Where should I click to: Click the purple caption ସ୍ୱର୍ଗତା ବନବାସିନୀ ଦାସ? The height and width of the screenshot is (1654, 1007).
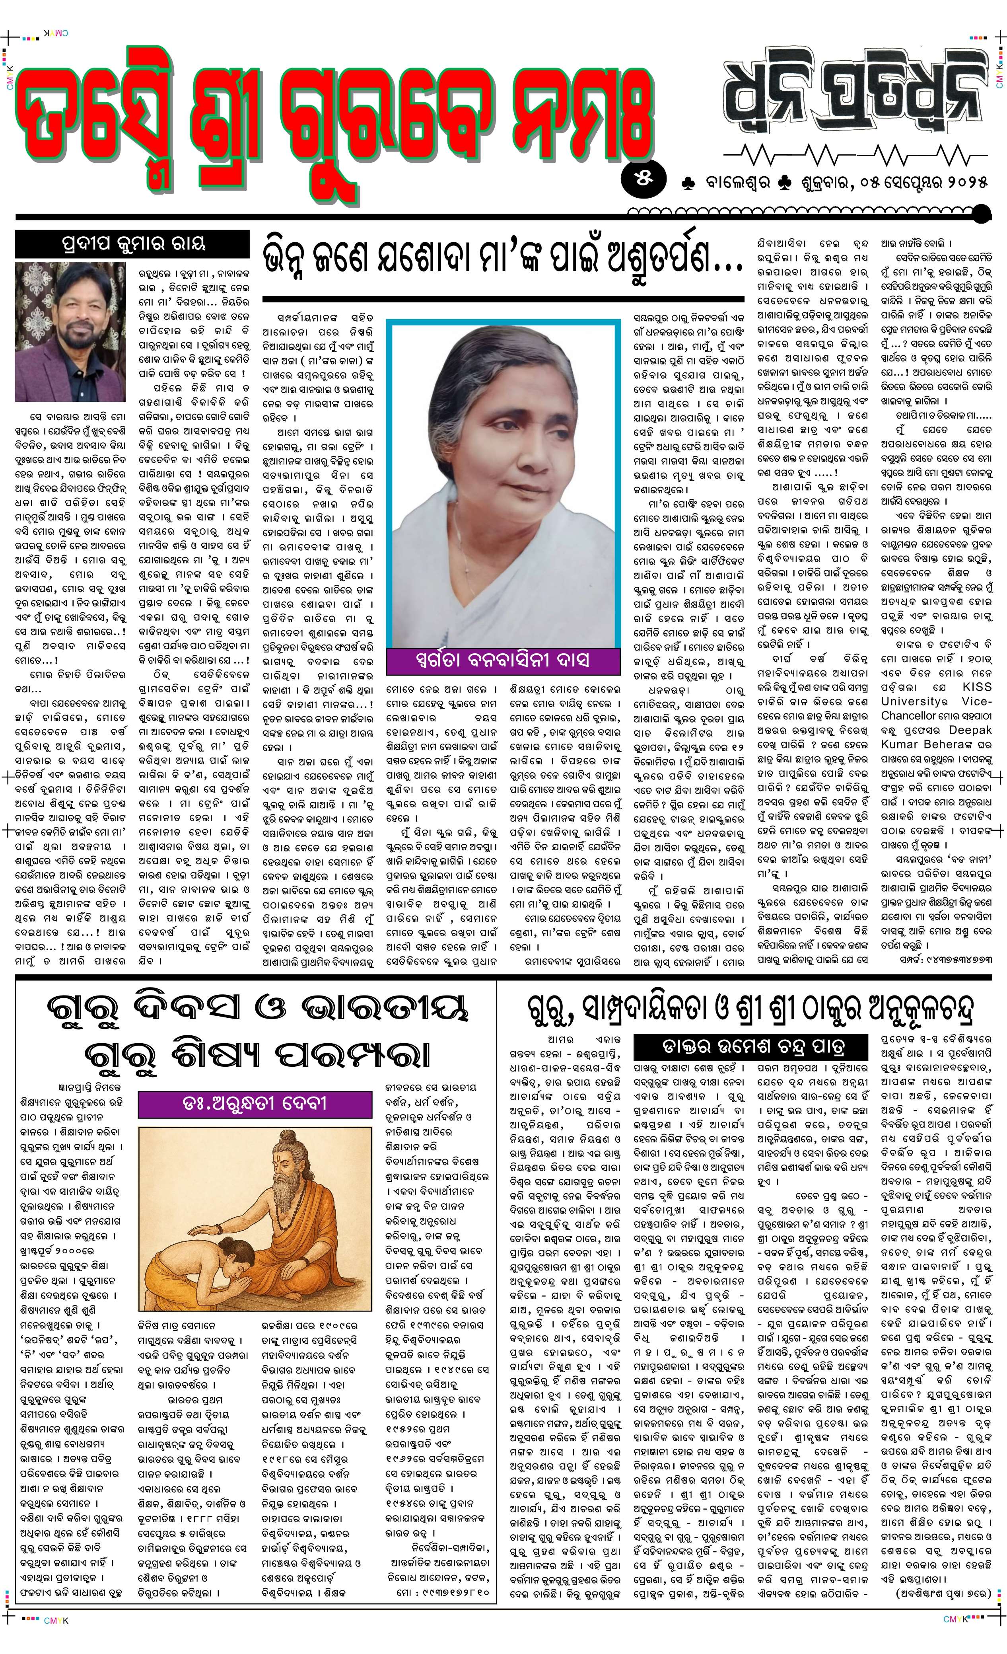[x=502, y=660]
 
